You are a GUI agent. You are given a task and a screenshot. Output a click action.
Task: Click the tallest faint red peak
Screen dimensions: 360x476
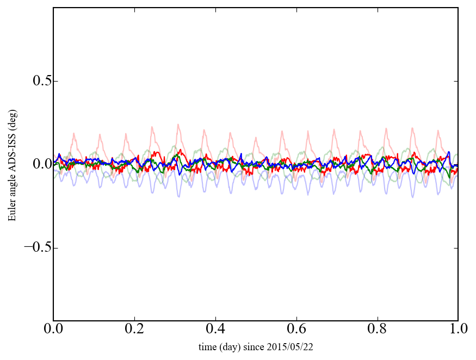(x=178, y=125)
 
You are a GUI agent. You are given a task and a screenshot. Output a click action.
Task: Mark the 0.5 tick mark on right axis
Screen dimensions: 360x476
(x=456, y=82)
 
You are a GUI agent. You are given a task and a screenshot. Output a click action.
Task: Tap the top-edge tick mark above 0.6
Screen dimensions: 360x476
(x=296, y=10)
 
